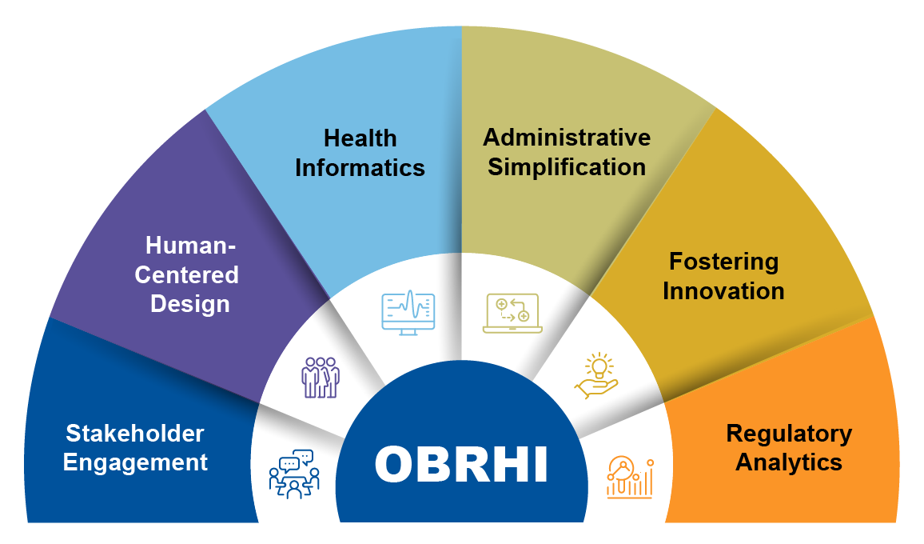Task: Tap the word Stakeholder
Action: pyautogui.click(x=134, y=434)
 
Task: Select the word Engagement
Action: pyautogui.click(x=135, y=462)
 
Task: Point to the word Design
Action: pyautogui.click(x=190, y=304)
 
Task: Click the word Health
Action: pyautogui.click(x=360, y=138)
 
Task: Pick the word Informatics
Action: pyautogui.click(x=360, y=168)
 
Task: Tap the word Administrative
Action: pyautogui.click(x=567, y=137)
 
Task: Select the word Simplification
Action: pyautogui.click(x=567, y=167)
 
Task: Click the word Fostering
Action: pyautogui.click(x=723, y=261)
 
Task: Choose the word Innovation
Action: pyautogui.click(x=723, y=290)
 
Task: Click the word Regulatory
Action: pyautogui.click(x=789, y=434)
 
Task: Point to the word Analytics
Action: pyautogui.click(x=789, y=462)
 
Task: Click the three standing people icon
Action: pyautogui.click(x=320, y=377)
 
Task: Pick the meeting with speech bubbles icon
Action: pyautogui.click(x=293, y=474)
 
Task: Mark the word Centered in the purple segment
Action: pyautogui.click(x=186, y=274)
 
